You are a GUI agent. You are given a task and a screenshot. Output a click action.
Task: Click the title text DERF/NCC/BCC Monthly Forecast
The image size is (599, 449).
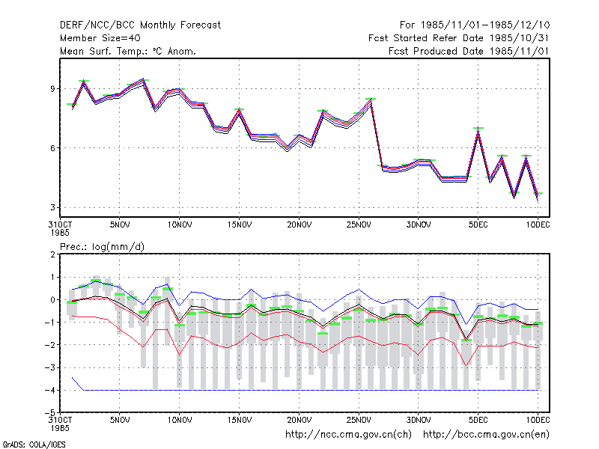[x=140, y=25]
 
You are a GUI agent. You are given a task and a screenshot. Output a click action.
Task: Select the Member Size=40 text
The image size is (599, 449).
[x=100, y=38]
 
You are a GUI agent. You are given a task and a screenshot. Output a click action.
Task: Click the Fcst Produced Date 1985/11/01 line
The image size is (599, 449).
[x=469, y=51]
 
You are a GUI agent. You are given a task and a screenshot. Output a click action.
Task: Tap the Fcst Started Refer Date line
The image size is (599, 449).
[x=458, y=38]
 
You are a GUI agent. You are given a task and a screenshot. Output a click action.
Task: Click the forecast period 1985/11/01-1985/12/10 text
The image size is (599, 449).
[x=485, y=25]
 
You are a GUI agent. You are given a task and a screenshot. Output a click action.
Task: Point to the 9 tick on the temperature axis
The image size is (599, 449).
[x=52, y=88]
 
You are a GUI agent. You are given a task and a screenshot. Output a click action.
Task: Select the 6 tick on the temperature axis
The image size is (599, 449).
[x=52, y=148]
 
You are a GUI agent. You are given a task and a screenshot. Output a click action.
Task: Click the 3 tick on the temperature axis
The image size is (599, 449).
[x=52, y=207]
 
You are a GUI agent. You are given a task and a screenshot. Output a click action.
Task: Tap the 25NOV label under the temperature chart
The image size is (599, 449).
[x=359, y=224]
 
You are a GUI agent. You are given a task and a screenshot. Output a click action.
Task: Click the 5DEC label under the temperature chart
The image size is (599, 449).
[x=478, y=224]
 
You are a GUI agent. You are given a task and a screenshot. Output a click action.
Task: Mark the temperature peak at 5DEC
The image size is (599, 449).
[x=478, y=129]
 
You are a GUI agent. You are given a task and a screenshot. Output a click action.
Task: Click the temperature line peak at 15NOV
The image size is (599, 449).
[x=239, y=110]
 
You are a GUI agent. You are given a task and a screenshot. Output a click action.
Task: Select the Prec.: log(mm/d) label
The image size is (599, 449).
[x=102, y=247]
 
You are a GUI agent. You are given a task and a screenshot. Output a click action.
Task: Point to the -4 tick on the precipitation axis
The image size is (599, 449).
[x=50, y=390]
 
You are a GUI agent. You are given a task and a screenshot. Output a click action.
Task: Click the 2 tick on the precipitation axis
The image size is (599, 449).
[x=52, y=254]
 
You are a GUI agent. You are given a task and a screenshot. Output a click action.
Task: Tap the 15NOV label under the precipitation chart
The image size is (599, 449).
[x=239, y=420]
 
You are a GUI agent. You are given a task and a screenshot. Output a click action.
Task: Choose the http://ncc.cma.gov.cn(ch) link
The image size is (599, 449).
[x=348, y=435]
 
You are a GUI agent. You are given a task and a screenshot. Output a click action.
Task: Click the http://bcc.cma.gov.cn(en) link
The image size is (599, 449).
[x=486, y=435]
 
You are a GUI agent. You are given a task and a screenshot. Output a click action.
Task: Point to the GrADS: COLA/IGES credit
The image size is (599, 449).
[x=34, y=445]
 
